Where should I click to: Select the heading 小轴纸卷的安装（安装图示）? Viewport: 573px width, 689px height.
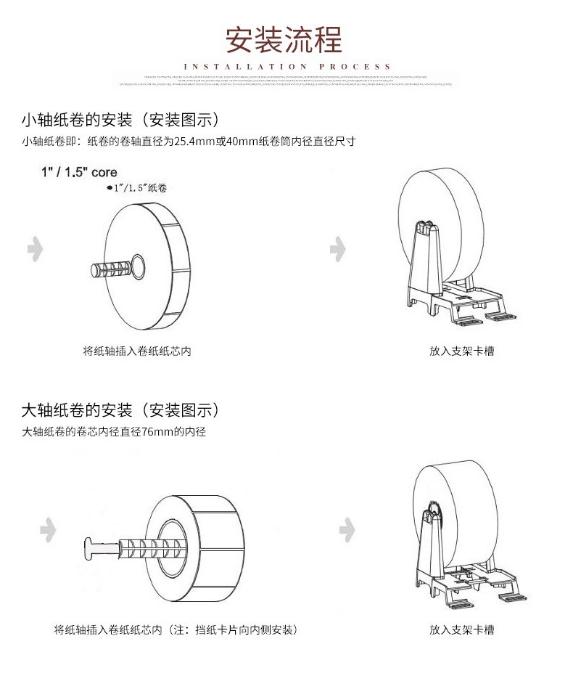[x=120, y=120]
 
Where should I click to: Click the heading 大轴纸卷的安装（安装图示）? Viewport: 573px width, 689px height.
[x=120, y=410]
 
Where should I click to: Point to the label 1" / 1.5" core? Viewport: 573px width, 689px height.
[x=78, y=174]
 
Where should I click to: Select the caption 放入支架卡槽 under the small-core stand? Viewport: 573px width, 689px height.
[x=461, y=351]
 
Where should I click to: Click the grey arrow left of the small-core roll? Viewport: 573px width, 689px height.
[x=35, y=249]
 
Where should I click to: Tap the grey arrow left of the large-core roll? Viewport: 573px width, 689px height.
[x=48, y=529]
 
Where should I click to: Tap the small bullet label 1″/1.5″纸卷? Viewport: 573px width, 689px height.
[x=137, y=188]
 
